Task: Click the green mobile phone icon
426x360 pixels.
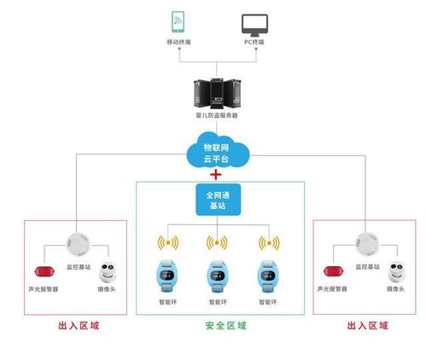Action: (x=178, y=21)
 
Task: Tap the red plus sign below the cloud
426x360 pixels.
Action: (x=216, y=175)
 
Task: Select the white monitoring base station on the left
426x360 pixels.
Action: (x=75, y=243)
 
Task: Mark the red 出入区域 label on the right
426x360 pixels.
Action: (x=368, y=326)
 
